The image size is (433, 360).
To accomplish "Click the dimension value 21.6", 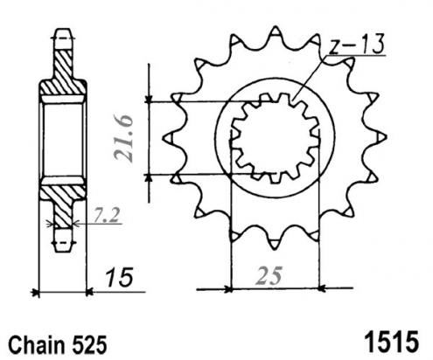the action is coord(123,138).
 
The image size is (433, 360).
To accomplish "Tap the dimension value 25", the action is coord(269,276).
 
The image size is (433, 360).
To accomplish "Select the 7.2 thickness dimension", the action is coord(107,216).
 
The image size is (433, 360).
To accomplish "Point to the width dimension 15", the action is coord(119,277).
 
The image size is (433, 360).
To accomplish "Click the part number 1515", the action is coord(392,342).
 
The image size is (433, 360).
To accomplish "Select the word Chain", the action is coord(37,345).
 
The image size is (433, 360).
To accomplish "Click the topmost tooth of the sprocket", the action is coord(275,31).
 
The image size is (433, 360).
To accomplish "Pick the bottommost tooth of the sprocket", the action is coord(275,244).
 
